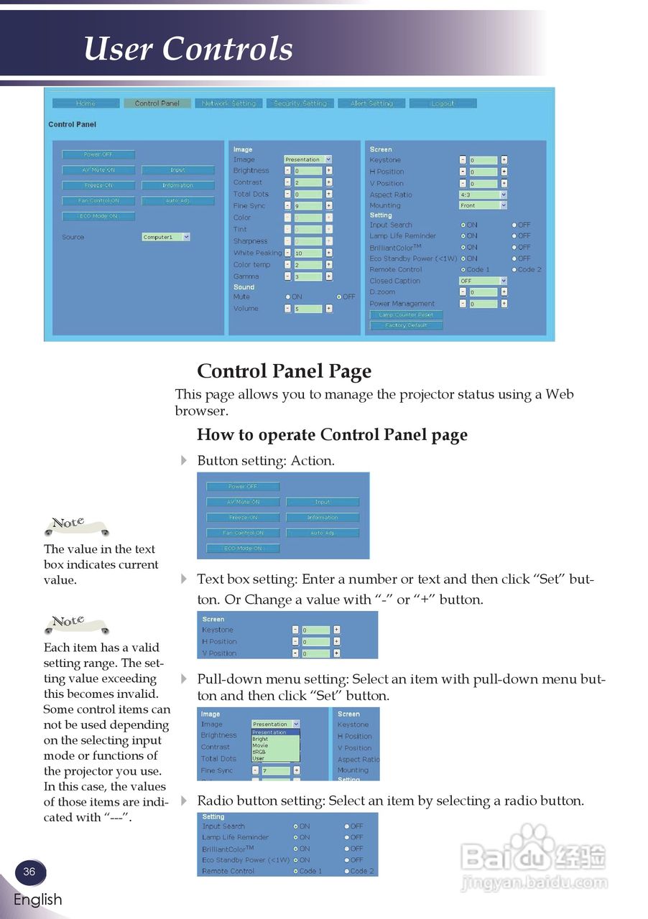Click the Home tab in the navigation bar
pyautogui.click(x=85, y=103)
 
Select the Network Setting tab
pyautogui.click(x=228, y=103)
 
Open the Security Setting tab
pyautogui.click(x=300, y=103)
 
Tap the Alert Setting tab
pyautogui.click(x=371, y=103)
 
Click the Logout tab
pyautogui.click(x=443, y=103)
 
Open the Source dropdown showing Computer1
pyautogui.click(x=166, y=237)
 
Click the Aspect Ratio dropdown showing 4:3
pyautogui.click(x=483, y=195)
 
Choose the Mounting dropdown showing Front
pyautogui.click(x=483, y=205)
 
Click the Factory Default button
pyautogui.click(x=406, y=325)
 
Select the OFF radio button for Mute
pyautogui.click(x=338, y=297)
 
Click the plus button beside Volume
pyautogui.click(x=329, y=309)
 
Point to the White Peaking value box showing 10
pyautogui.click(x=308, y=253)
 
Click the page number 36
pyautogui.click(x=29, y=872)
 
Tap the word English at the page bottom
pyautogui.click(x=37, y=900)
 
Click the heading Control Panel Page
pyautogui.click(x=284, y=371)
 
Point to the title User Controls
pyautogui.click(x=188, y=49)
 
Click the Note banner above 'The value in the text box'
pyautogui.click(x=75, y=526)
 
